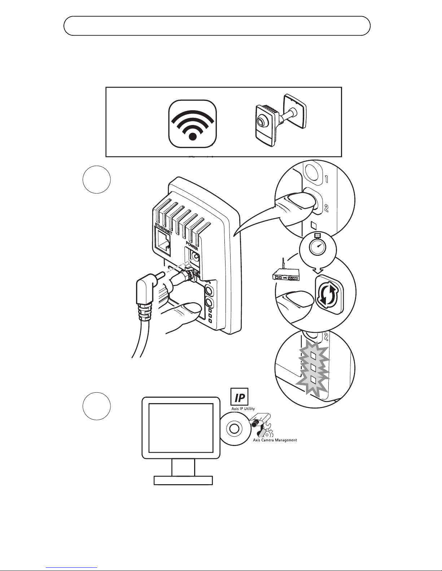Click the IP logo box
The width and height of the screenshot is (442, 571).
pos(239,397)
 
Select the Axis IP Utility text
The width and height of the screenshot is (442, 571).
pos(243,409)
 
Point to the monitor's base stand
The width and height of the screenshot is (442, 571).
pos(183,480)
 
